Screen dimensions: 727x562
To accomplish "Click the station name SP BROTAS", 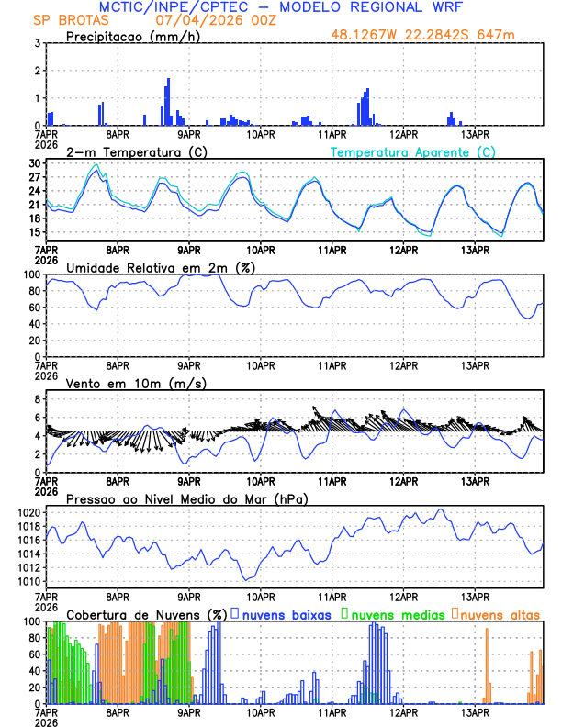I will tap(69, 19).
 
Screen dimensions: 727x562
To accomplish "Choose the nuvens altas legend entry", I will tap(500, 613).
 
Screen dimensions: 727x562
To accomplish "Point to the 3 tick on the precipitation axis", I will tap(37, 43).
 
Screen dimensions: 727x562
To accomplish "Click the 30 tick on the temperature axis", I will tap(35, 163).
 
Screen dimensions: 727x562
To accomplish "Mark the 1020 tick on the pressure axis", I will tap(28, 512).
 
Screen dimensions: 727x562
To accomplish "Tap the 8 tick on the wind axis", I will tap(37, 399).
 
